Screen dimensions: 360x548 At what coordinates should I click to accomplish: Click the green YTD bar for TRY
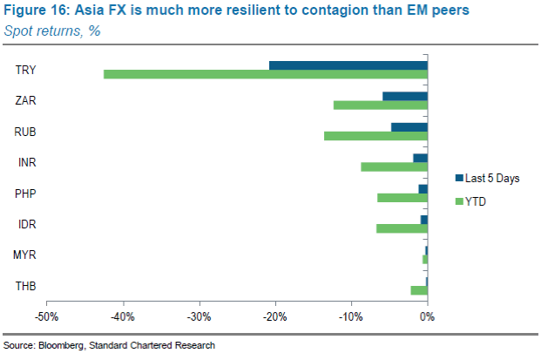(265, 74)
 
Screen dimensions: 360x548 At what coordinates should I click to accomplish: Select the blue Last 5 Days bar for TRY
(348, 65)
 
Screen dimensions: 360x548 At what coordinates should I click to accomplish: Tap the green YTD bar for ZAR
(380, 105)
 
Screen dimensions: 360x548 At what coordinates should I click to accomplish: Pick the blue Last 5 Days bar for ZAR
(405, 96)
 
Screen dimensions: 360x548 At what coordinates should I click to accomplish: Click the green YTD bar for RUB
(375, 136)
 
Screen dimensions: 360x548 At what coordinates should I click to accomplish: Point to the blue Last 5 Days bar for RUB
(409, 127)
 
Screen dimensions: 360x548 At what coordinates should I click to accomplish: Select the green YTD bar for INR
(394, 166)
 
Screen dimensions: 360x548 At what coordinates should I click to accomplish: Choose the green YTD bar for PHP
(402, 197)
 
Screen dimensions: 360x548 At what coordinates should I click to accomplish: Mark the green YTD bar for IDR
(402, 228)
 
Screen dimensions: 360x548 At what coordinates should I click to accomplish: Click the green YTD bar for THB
(419, 289)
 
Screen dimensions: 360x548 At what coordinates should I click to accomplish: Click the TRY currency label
(25, 70)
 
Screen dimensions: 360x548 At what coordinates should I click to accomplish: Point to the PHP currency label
(25, 194)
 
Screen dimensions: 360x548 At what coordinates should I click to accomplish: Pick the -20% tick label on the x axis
(274, 316)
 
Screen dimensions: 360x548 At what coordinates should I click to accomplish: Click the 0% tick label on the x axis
(427, 316)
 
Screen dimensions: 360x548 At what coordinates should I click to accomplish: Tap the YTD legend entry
(476, 202)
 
